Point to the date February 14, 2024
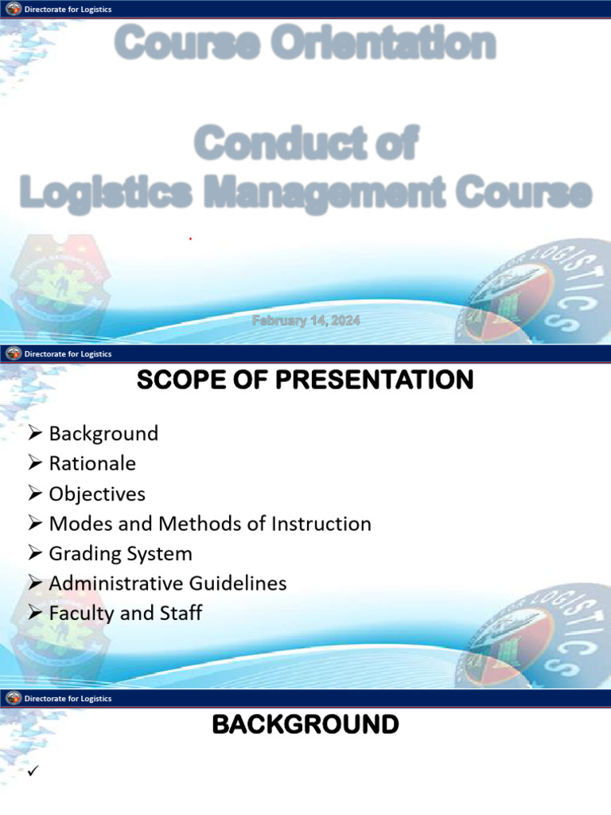point(306,321)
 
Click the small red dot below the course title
point(190,238)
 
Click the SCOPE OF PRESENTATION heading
point(305,381)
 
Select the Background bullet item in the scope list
point(103,434)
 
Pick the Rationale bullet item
point(92,463)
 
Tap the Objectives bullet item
point(97,493)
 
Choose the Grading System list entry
point(120,553)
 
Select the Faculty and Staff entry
point(125,613)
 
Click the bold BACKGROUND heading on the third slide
point(305,725)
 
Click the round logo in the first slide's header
point(14,9)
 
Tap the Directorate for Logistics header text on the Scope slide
point(68,353)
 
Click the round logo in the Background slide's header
point(14,698)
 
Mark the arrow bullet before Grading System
point(34,553)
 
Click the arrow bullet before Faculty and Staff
point(34,613)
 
